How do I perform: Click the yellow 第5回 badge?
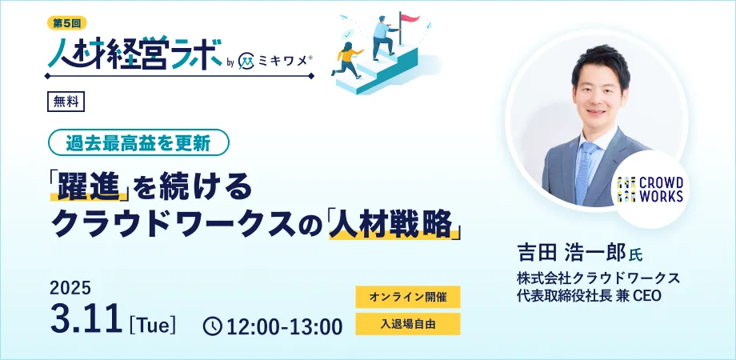point(67,22)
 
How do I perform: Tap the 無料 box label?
point(66,102)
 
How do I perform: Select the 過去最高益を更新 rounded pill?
point(138,142)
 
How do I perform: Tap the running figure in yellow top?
point(347,59)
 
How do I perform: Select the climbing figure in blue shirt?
point(383,38)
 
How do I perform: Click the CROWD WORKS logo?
point(650,189)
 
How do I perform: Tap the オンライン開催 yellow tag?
point(407,297)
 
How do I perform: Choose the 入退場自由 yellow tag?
point(407,324)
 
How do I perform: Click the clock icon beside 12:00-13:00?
point(213,326)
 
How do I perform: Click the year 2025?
point(70,288)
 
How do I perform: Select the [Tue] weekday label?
point(152,326)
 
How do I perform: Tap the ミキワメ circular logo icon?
point(246,61)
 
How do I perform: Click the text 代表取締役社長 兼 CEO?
point(589,296)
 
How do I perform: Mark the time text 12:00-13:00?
point(285,326)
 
